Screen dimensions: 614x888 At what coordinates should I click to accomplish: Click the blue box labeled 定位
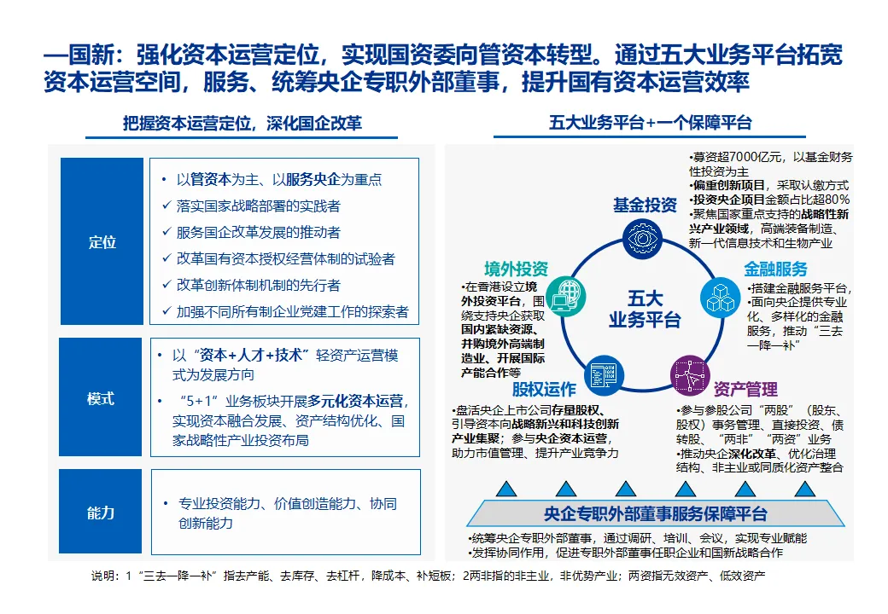tap(102, 241)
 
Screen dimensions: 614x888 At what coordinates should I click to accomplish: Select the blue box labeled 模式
tap(102, 399)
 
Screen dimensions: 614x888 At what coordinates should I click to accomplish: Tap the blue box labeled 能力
tap(102, 513)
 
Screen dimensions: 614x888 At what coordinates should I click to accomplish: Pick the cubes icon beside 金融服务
tap(721, 296)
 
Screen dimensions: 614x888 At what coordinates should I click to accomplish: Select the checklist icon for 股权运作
tap(601, 375)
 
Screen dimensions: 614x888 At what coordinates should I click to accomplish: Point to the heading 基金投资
tap(645, 206)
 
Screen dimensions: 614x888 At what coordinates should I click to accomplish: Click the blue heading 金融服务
tap(775, 269)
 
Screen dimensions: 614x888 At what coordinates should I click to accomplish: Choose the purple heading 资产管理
tap(745, 390)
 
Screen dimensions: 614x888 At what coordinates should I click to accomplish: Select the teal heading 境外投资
tap(516, 266)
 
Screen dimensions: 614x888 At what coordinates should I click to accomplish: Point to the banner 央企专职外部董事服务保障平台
tap(655, 514)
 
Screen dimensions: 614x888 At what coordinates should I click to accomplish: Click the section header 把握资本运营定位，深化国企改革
tap(242, 124)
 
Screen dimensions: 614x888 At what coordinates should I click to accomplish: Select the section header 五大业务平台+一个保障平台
tap(650, 123)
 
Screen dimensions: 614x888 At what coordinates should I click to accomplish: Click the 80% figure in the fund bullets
tap(832, 200)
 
